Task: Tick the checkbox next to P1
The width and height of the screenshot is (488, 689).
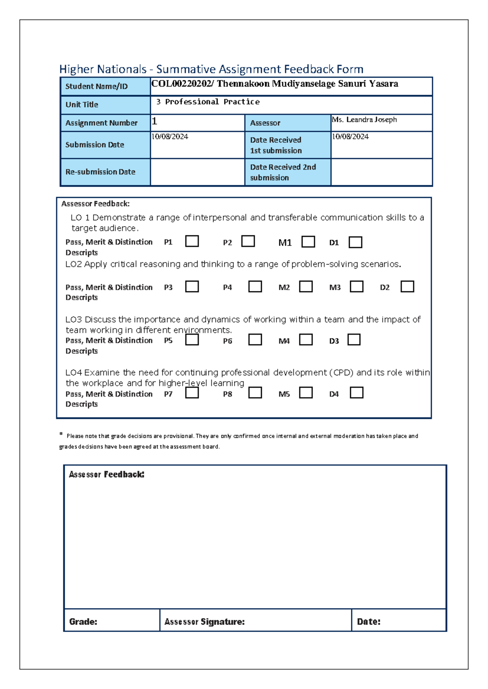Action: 192,241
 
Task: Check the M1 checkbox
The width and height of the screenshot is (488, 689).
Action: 308,242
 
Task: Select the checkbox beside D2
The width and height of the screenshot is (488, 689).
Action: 407,286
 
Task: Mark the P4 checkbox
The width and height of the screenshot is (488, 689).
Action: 255,286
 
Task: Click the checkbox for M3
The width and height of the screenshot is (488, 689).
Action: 357,286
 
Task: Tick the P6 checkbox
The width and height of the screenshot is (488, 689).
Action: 255,340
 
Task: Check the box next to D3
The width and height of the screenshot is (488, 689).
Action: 354,340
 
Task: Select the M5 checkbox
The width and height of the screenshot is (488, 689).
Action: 306,393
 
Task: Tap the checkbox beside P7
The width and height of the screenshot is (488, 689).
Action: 192,393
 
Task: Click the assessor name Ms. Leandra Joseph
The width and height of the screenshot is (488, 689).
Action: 364,120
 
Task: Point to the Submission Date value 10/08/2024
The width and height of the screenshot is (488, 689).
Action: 170,137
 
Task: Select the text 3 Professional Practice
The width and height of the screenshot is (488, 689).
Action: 208,102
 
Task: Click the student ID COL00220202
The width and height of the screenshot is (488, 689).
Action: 181,84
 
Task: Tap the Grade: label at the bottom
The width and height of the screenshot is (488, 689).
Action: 83,622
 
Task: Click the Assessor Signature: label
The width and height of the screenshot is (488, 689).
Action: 205,622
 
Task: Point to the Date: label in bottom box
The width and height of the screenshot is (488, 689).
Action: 368,622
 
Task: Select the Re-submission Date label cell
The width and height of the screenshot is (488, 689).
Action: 100,172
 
